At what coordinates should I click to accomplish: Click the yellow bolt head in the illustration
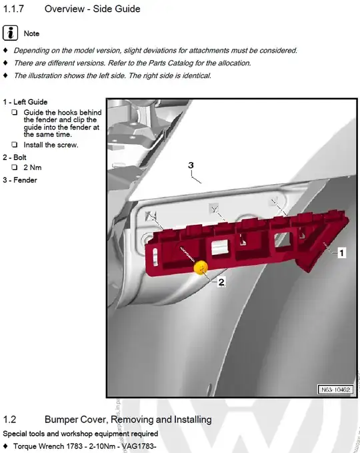201,268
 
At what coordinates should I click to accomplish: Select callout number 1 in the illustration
341,253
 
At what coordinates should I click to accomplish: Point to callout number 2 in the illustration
221,282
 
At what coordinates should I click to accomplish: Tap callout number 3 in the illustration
191,165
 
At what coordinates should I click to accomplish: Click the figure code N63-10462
335,390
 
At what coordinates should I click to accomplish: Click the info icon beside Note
11,33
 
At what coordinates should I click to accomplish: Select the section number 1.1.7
13,9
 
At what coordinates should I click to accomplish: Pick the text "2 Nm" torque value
33,167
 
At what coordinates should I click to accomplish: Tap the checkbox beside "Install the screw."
15,145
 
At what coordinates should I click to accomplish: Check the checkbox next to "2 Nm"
15,167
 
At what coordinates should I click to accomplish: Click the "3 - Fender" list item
20,180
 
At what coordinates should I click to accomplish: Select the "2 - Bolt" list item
15,157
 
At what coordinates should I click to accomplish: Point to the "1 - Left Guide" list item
25,102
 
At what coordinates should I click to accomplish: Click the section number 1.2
9,419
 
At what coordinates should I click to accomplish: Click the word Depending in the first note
31,51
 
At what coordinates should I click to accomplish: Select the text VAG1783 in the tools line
139,446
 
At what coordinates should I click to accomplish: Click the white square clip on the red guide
220,248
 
